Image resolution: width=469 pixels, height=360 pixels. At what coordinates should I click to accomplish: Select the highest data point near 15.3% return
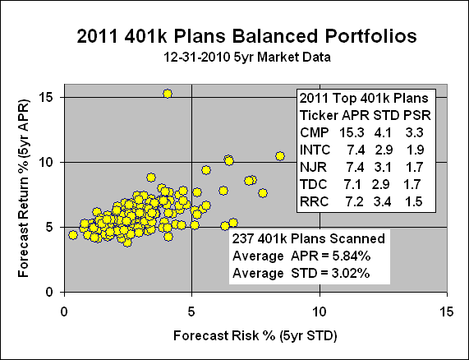point(168,94)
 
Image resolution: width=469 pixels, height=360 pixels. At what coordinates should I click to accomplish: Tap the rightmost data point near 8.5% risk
point(280,155)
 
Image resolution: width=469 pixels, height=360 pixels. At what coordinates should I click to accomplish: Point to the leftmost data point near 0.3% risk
point(73,234)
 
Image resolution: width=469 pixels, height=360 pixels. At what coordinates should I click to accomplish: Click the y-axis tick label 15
point(48,97)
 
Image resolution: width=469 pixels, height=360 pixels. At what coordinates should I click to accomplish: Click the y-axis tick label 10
point(48,162)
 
